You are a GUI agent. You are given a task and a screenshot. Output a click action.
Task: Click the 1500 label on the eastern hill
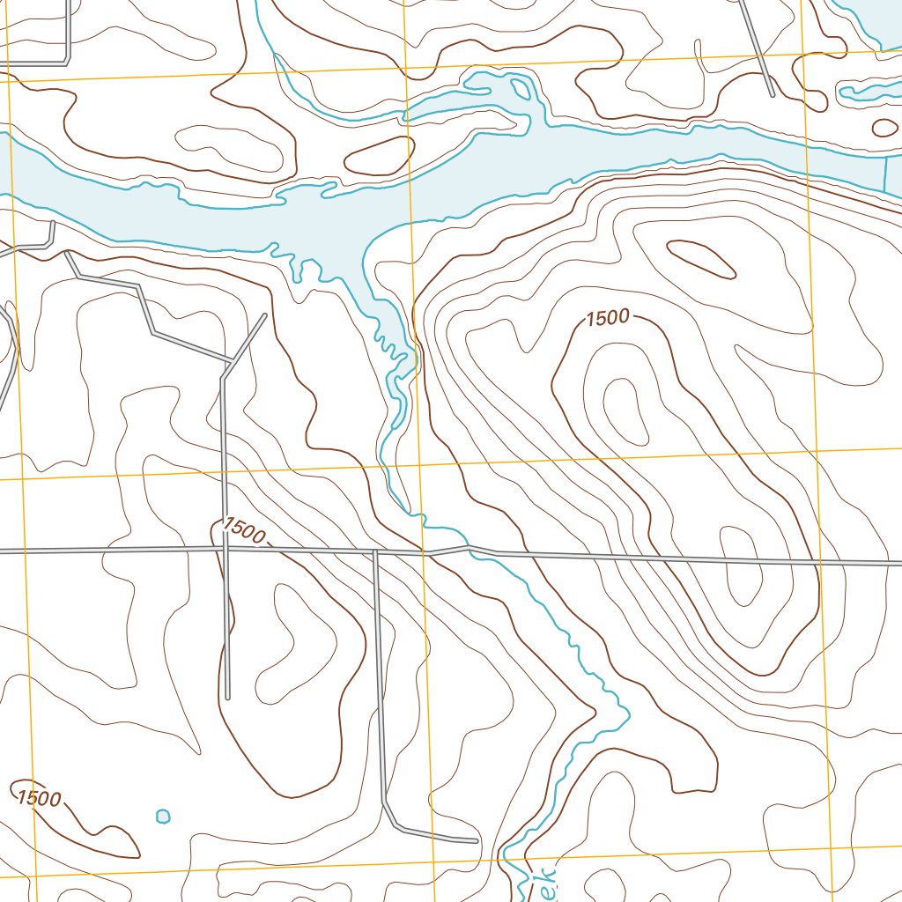point(607,319)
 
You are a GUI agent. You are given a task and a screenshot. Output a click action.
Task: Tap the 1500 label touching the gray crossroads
point(242,531)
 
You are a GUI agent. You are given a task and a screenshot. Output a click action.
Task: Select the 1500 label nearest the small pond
point(39,799)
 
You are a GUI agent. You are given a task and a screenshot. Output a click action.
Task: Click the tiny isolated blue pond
point(163,816)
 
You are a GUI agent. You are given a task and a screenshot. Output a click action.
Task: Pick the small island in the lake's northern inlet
point(521,88)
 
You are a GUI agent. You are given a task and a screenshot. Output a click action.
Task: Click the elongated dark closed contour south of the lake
point(701,259)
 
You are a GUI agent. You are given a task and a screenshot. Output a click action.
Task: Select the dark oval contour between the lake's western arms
point(379,156)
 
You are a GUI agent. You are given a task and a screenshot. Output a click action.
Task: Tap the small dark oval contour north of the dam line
point(884,128)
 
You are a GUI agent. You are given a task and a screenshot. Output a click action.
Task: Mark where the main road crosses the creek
point(426,553)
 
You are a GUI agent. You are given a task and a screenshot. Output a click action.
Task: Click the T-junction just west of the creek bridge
point(375,551)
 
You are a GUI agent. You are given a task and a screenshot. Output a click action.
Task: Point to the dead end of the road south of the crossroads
point(227,697)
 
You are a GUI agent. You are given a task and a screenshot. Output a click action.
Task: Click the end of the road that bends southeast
point(476,840)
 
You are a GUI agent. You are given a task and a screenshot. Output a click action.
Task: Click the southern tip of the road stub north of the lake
point(772,94)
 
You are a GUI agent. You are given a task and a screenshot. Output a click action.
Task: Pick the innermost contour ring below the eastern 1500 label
point(627,410)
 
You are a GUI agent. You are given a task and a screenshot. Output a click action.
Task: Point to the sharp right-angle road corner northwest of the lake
point(68,62)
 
